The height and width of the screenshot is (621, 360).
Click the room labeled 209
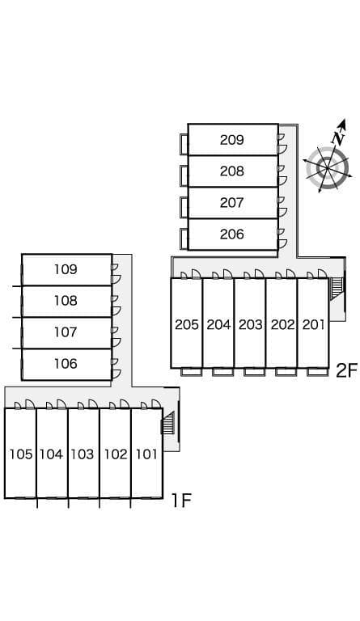click(231, 140)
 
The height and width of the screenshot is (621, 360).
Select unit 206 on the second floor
click(231, 234)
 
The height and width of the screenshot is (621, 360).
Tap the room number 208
click(231, 171)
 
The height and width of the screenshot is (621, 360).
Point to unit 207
click(231, 203)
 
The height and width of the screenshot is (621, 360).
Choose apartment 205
click(186, 325)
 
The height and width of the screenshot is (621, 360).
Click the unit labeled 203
click(250, 325)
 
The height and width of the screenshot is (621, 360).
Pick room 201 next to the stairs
click(313, 325)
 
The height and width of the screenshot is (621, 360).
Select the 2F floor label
click(346, 371)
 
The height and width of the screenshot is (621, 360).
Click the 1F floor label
click(180, 501)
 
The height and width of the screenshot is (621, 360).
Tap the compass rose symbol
click(328, 169)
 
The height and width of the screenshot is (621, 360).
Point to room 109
click(66, 269)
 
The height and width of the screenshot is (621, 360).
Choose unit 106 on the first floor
click(66, 364)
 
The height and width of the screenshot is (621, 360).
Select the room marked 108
click(66, 301)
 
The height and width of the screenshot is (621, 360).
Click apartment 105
click(20, 454)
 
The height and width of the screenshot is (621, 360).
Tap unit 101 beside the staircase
click(146, 454)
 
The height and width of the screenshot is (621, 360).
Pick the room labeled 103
click(83, 454)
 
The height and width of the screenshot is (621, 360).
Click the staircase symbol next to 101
click(168, 423)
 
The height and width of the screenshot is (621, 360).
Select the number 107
click(66, 332)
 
